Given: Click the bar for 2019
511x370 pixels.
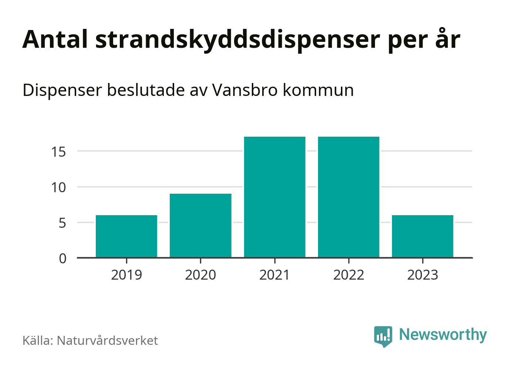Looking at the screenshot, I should [x=126, y=236].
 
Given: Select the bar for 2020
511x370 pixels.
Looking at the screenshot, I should [x=200, y=225].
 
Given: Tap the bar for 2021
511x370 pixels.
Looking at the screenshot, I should [x=275, y=197].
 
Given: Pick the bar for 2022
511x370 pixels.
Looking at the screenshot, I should [x=349, y=197].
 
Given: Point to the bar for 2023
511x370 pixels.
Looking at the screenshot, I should [x=423, y=236].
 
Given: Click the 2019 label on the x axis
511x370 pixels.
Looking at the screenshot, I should [x=126, y=275].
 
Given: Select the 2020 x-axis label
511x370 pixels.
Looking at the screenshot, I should [x=200, y=275].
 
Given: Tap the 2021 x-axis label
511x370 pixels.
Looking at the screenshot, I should [x=275, y=275].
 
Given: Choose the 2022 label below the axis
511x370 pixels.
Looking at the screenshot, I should [x=349, y=275].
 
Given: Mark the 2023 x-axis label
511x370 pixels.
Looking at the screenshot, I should [x=423, y=275].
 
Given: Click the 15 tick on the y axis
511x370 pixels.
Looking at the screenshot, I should [x=59, y=151].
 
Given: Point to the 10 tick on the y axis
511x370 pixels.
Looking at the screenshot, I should [x=59, y=187].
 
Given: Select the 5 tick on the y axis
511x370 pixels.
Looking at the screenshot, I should [x=62, y=223].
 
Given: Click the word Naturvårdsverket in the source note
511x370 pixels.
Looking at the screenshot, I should [x=107, y=340].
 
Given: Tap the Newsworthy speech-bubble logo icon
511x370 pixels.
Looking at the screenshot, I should [x=383, y=336].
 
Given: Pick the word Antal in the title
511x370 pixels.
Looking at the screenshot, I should [x=55, y=39].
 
